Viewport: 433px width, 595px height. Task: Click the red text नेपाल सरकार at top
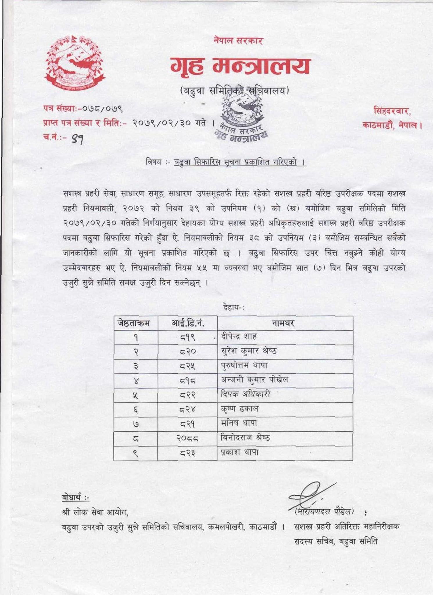point(238,41)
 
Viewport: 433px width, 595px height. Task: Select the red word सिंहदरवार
point(392,111)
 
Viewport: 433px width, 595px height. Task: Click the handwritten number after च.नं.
point(78,140)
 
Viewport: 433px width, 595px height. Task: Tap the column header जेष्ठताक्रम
point(134,323)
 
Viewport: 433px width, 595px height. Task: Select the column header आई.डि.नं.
point(188,323)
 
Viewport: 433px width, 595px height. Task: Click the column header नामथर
point(283,323)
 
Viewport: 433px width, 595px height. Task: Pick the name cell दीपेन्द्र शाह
point(239,337)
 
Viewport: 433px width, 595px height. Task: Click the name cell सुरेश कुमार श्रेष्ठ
point(249,351)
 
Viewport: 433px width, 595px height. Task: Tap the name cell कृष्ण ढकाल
point(239,409)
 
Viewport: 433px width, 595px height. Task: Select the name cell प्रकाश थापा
point(239,452)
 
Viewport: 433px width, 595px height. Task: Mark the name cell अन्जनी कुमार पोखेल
point(255,380)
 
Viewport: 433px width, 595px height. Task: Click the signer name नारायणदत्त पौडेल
point(324,512)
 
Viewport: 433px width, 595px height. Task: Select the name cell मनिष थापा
point(239,423)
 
